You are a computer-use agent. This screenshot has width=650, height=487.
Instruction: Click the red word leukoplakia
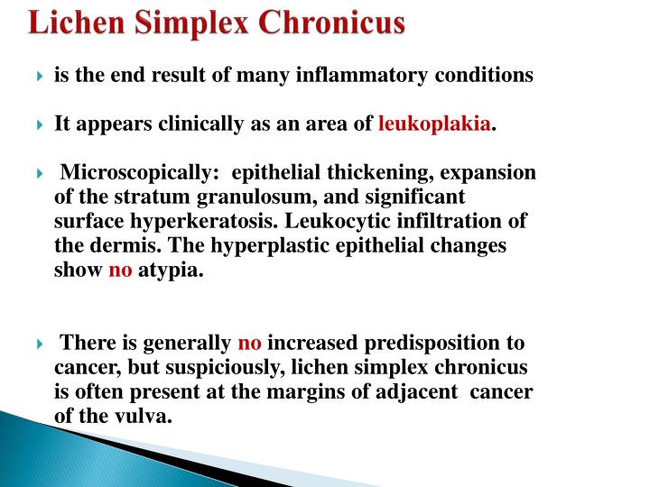pos(435,124)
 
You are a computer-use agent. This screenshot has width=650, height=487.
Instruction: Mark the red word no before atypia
pos(120,271)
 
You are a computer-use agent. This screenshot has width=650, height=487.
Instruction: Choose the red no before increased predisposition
pos(249,343)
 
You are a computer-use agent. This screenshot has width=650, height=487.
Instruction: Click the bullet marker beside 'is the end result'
pos(40,77)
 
